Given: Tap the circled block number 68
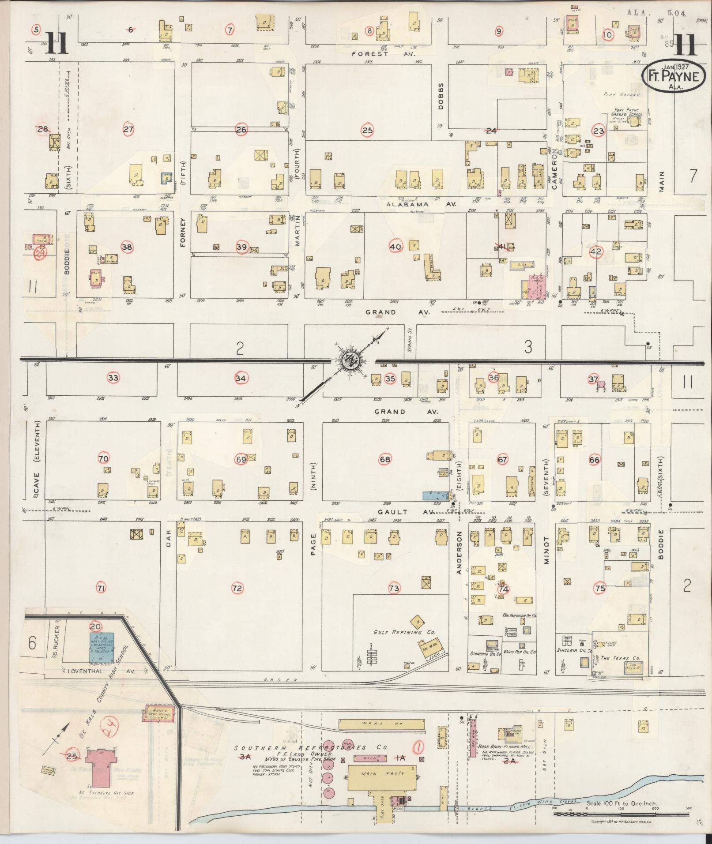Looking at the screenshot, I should pos(385,460).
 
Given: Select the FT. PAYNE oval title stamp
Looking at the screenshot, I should pos(674,75).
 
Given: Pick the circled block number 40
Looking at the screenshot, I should pos(396,247).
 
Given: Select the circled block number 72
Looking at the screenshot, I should pos(237,588).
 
